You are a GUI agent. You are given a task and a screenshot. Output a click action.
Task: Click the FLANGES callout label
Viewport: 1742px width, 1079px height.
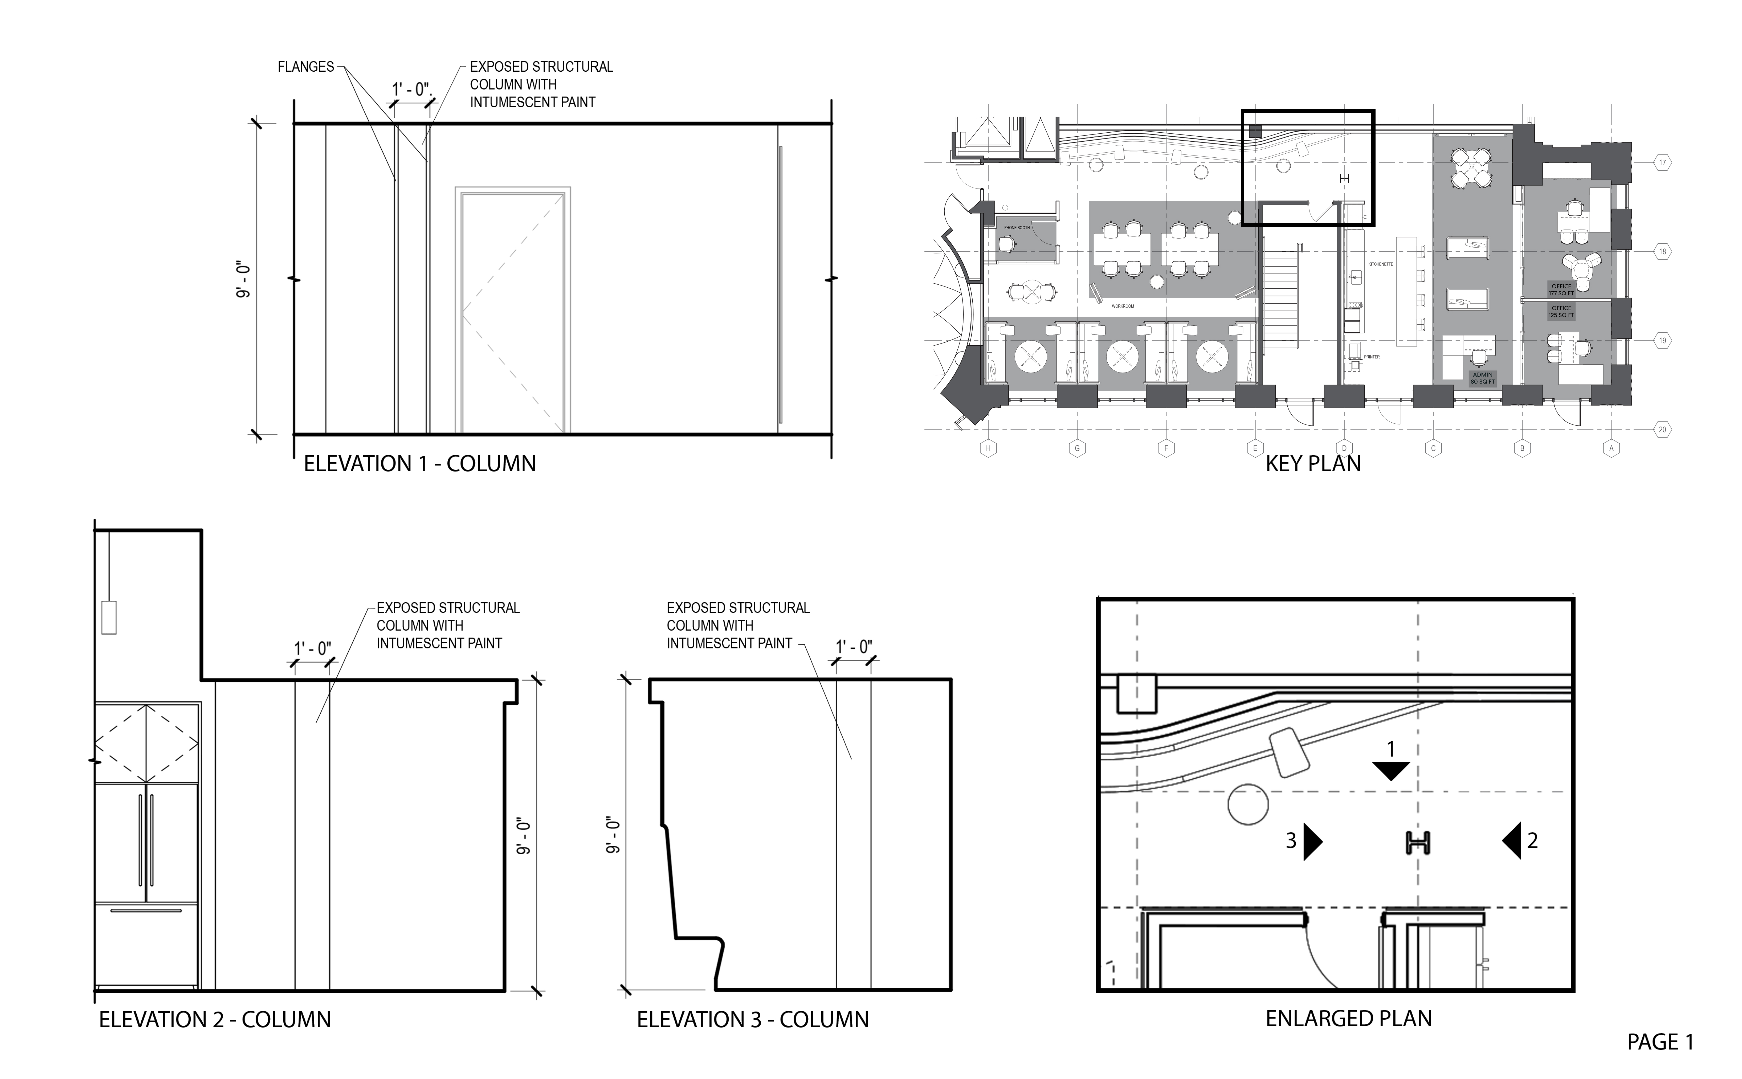coord(305,67)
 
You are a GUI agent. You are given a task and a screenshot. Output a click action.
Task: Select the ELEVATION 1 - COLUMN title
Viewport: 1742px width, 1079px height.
coord(420,464)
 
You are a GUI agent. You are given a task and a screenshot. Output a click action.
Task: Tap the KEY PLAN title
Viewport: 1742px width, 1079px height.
coord(1313,464)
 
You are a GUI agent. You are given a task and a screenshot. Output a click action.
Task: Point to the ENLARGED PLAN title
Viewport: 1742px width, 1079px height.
coord(1349,1018)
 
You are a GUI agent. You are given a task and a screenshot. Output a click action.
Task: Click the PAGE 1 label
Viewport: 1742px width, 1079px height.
coord(1660,1043)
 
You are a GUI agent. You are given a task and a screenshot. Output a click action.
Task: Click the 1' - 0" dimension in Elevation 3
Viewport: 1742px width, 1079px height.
coord(854,647)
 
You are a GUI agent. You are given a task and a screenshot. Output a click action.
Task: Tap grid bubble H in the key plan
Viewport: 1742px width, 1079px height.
coord(988,449)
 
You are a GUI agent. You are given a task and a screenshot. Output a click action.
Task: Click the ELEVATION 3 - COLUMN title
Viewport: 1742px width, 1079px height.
coord(753,1020)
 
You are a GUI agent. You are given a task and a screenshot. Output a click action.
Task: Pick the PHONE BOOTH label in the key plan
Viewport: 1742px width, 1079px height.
coord(1017,228)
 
